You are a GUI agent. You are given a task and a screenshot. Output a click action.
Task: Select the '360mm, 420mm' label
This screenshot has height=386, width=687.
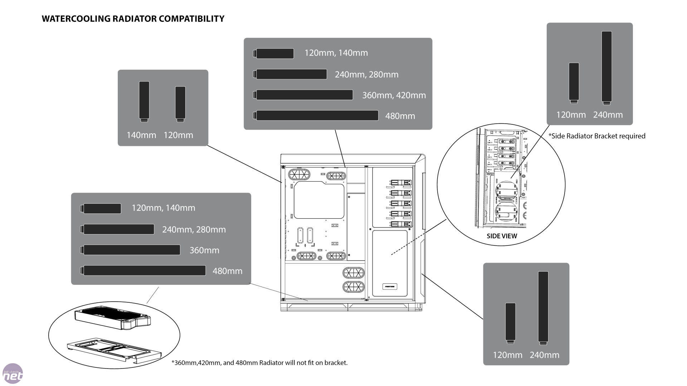[x=394, y=95]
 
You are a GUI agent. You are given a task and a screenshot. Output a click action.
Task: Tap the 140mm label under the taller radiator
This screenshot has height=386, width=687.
[x=141, y=135]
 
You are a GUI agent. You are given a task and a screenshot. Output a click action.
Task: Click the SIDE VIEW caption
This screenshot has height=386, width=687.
[x=502, y=236]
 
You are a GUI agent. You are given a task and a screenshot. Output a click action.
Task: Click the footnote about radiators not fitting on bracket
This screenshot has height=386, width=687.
[x=259, y=363]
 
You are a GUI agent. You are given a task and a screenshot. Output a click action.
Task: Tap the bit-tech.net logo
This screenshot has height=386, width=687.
[x=13, y=374]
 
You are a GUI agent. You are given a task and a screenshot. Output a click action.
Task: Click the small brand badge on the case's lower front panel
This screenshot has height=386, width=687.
[x=390, y=287]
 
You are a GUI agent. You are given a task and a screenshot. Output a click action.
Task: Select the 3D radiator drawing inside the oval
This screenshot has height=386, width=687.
[x=112, y=317]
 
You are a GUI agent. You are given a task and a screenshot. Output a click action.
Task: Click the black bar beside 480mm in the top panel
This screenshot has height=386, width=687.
[x=317, y=115]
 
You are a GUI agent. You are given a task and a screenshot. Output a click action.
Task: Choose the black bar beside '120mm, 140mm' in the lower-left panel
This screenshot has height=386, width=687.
[x=102, y=208]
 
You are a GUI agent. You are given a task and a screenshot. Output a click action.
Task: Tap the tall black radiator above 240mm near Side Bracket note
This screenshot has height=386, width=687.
[x=606, y=67]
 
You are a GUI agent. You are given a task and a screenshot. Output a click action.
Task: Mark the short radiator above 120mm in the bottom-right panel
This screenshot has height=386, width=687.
[x=511, y=322]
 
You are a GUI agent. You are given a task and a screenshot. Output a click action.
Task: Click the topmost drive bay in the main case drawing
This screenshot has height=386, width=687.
[x=401, y=183]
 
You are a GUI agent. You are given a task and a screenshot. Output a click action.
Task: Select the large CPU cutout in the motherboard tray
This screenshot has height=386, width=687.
[x=318, y=200]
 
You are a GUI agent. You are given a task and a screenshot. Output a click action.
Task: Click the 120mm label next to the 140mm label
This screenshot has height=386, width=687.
[x=178, y=135]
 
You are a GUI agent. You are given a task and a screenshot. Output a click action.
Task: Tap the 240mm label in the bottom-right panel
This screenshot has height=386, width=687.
[x=544, y=355]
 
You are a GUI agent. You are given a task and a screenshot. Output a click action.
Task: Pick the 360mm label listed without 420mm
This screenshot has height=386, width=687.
[x=204, y=250]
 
